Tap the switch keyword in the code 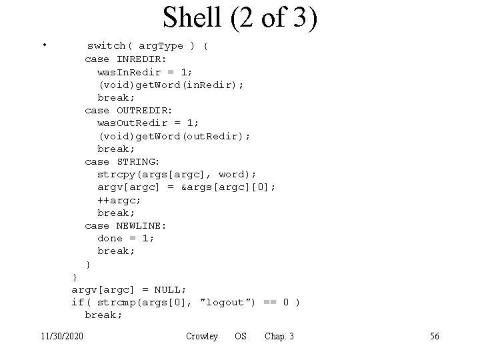[x=107, y=46]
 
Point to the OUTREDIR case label [x=144, y=110]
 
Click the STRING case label [x=137, y=161]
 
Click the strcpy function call [x=118, y=174]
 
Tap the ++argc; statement [x=119, y=200]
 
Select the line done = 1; [x=126, y=238]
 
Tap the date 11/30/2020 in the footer [x=61, y=336]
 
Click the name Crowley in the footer [x=202, y=336]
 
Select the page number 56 [x=434, y=336]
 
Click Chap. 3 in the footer [x=279, y=336]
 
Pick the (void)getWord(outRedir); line [x=174, y=136]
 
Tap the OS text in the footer [x=240, y=336]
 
